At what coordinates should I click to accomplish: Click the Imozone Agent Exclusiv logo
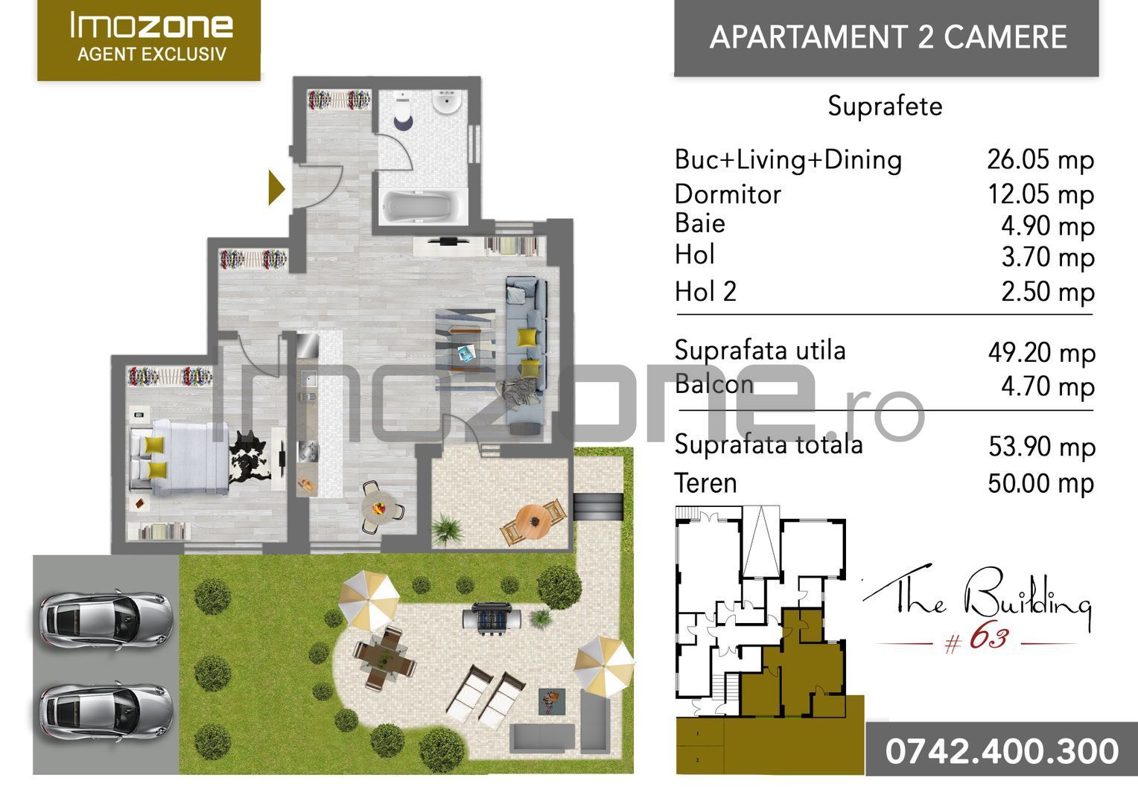[149, 39]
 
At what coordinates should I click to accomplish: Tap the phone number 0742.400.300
[1002, 750]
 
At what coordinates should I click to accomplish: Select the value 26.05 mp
[1040, 159]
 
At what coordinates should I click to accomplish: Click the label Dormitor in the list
[727, 194]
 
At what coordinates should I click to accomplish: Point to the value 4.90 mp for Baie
[1047, 226]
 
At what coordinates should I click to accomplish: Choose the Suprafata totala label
[768, 444]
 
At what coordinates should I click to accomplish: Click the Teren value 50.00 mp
[1040, 483]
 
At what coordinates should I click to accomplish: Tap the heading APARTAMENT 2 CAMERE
[888, 37]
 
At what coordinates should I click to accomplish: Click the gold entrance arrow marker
[276, 188]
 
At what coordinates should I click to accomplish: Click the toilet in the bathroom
[403, 111]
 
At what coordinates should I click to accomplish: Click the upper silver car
[106, 618]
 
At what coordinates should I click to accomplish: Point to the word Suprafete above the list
[885, 106]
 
